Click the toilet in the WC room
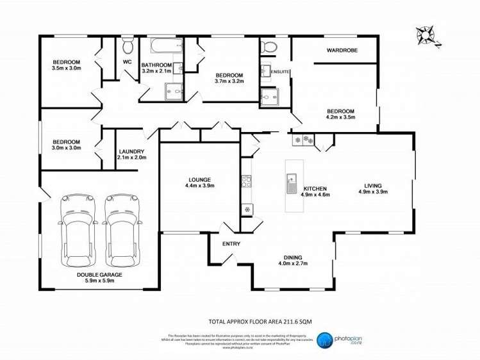point(128,47)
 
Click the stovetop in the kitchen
point(246,182)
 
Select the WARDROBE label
point(342,50)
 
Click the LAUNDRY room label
point(131,152)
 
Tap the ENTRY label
point(231,244)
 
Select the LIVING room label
point(372,186)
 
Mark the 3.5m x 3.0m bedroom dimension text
point(67,68)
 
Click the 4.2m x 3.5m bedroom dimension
point(340,117)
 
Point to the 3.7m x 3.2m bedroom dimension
point(229,81)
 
